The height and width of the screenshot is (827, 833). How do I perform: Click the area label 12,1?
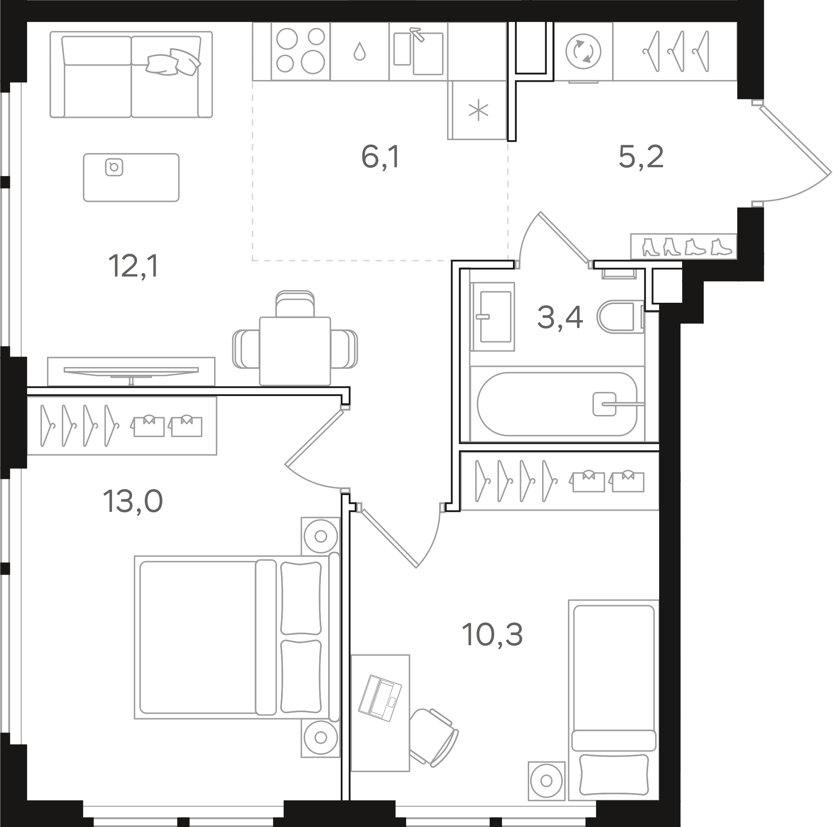[134, 266]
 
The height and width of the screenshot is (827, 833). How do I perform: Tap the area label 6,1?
[381, 157]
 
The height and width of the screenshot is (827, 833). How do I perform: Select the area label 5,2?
[641, 157]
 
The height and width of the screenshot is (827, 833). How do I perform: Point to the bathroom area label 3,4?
[560, 317]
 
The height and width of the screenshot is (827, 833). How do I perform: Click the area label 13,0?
[133, 501]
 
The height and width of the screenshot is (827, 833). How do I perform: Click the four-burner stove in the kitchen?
[301, 51]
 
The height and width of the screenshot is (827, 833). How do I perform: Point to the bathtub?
[557, 404]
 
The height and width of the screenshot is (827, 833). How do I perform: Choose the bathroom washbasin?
[493, 317]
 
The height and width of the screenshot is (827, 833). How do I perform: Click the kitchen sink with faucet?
[418, 51]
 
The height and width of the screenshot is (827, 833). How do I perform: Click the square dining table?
[295, 351]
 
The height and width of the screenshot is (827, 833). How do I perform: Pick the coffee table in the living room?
[131, 177]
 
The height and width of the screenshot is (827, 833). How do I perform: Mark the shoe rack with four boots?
[683, 246]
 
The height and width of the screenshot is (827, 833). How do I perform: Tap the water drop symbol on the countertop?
[359, 52]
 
